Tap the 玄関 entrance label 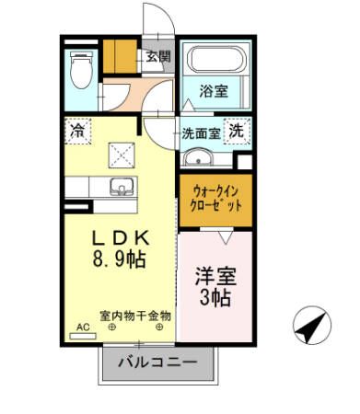pos(157,57)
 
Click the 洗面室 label pos(200,132)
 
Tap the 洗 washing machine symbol pos(237,132)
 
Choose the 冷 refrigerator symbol pos(75,132)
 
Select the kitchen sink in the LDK pos(121,190)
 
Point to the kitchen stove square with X pos(121,154)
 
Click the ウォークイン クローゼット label pos(215,201)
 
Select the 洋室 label pos(213,275)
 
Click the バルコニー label pos(157,363)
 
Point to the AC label pos(83,327)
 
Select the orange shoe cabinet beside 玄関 pos(118,57)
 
